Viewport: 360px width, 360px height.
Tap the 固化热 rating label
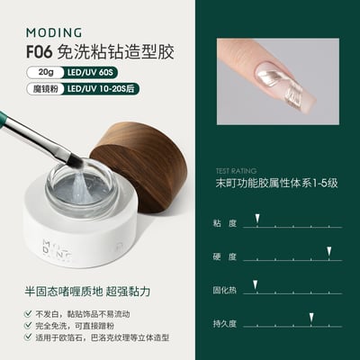(x=224, y=289)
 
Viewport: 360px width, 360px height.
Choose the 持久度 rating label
(x=224, y=323)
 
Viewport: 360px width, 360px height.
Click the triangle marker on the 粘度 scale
(x=257, y=219)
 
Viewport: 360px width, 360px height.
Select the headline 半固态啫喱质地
(x=54, y=292)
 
